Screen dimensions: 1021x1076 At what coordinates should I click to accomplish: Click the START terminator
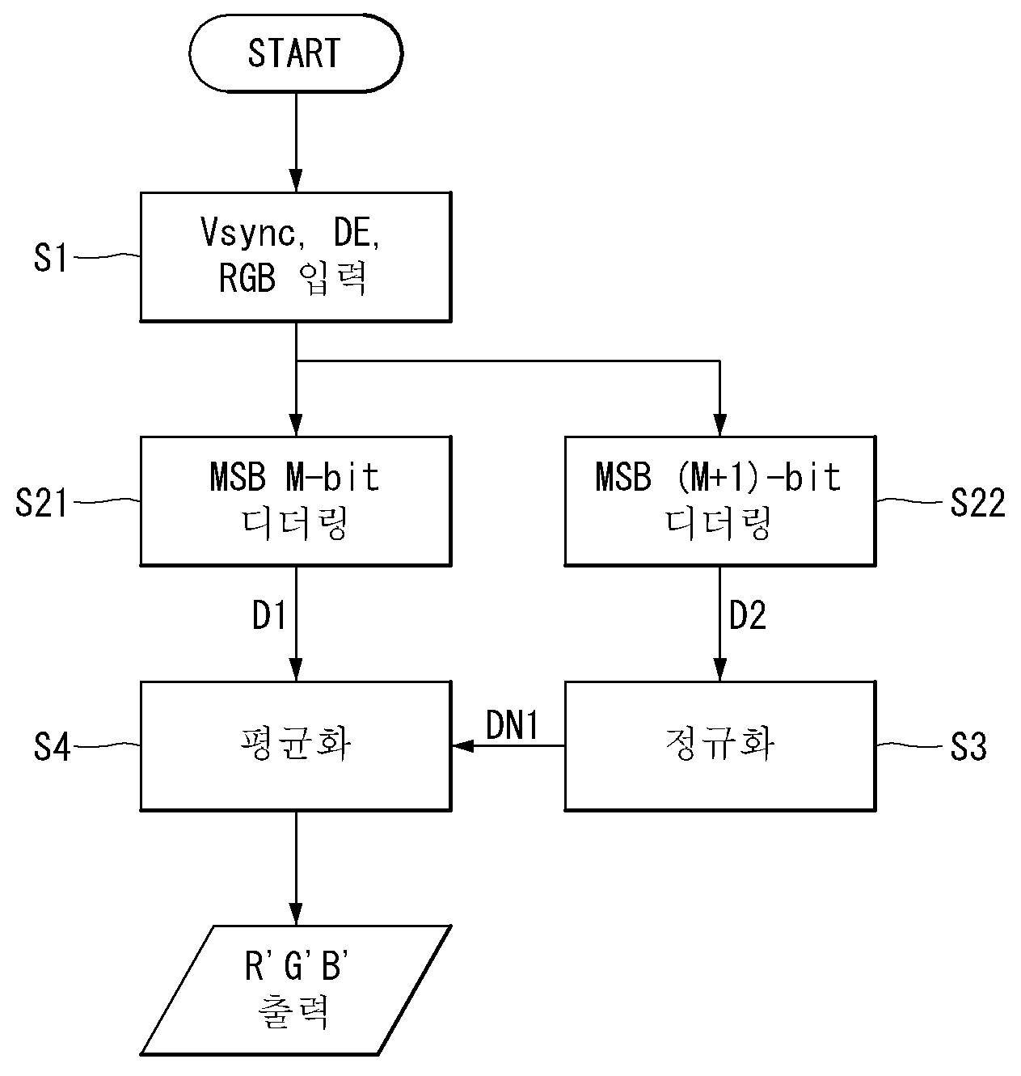click(296, 53)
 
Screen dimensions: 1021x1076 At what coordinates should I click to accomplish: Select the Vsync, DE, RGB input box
click(296, 257)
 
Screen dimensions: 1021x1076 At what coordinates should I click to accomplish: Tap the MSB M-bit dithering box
click(296, 500)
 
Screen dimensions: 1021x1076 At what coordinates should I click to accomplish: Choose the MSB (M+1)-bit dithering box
click(719, 500)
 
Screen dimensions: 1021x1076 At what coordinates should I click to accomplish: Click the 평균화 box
click(296, 745)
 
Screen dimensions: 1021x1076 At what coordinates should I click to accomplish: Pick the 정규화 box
click(719, 745)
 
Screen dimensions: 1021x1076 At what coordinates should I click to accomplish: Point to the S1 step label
click(50, 258)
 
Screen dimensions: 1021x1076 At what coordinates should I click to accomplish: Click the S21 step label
click(41, 502)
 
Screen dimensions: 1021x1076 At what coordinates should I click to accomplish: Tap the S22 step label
click(978, 502)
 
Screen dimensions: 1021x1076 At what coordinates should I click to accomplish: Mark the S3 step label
click(968, 746)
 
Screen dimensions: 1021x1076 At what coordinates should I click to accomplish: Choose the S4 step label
click(52, 746)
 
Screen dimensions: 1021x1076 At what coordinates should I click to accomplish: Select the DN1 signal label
click(512, 726)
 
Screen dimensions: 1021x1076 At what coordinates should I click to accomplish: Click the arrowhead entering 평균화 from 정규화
click(462, 745)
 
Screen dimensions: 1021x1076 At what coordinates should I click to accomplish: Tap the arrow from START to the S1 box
click(296, 141)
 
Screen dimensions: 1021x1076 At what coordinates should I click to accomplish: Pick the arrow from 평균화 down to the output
click(296, 868)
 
